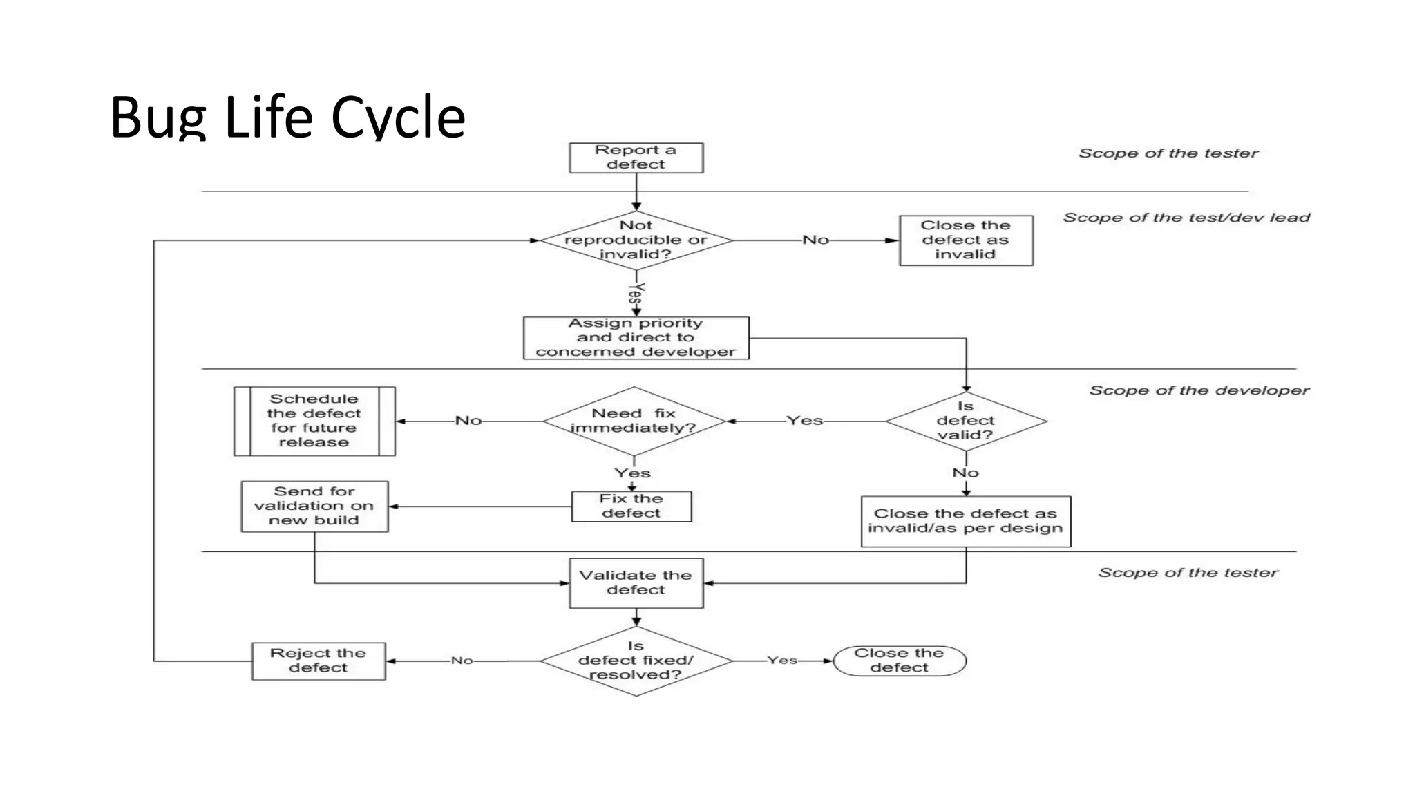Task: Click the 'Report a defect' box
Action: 636,158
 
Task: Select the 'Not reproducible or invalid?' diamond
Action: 636,240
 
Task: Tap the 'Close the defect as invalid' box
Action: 965,240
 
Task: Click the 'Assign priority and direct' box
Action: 636,338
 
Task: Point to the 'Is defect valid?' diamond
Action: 965,420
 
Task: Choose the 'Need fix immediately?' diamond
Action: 634,420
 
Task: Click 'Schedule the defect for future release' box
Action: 314,421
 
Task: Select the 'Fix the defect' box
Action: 631,506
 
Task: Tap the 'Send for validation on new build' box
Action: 314,506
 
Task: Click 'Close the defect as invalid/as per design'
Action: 965,521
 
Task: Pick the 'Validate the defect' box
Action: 636,582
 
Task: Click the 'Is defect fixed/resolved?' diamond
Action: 636,661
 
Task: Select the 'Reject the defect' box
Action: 318,661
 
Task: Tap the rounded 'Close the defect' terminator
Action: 899,661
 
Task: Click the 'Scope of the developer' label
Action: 1199,390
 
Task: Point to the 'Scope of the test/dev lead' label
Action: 1186,218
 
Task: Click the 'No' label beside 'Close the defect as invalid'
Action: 815,240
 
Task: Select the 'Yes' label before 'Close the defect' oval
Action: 782,661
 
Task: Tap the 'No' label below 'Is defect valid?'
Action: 965,473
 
